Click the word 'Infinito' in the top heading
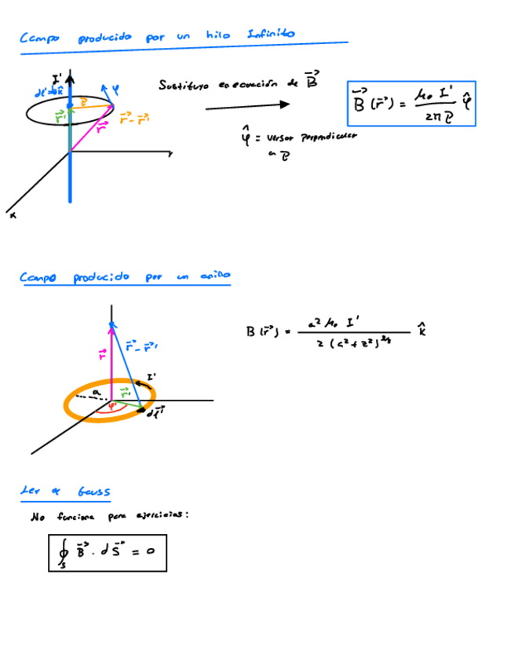(x=270, y=34)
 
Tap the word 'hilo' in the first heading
(x=217, y=35)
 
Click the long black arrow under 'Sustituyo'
(x=248, y=104)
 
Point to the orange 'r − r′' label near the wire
(x=134, y=119)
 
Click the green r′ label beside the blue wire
(x=60, y=116)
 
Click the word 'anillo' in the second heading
(x=213, y=276)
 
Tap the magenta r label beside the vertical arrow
(x=102, y=355)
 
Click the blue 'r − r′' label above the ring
(x=143, y=344)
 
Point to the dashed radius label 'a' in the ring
(x=96, y=390)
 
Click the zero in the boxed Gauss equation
(x=150, y=551)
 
